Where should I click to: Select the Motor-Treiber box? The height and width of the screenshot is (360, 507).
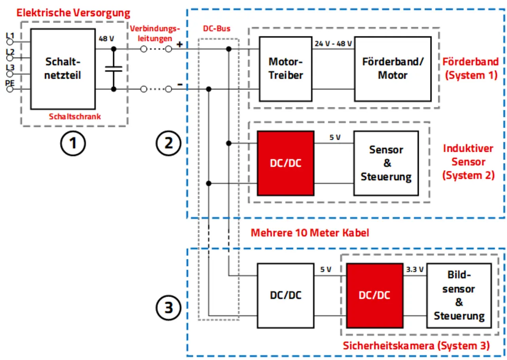[x=285, y=69]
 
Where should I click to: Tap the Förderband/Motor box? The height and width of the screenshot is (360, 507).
[x=393, y=69]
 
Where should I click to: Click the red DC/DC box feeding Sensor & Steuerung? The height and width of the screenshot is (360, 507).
[x=285, y=163]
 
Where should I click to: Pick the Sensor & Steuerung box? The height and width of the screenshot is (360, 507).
[x=386, y=163]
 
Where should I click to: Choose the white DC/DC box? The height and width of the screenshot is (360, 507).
[x=285, y=295]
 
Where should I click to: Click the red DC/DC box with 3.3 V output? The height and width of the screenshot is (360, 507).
[x=374, y=295]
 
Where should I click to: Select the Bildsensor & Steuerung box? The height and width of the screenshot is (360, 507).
[x=459, y=295]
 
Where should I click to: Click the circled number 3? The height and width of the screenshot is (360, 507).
[x=169, y=307]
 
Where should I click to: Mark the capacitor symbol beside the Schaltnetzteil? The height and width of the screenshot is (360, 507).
[x=114, y=69]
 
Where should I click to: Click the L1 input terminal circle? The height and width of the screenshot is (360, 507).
[x=10, y=42]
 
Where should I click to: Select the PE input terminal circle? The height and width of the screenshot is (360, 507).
[x=10, y=89]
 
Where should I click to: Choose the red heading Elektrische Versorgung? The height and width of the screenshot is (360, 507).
[x=73, y=13]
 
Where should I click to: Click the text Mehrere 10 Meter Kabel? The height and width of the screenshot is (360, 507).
[x=310, y=232]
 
